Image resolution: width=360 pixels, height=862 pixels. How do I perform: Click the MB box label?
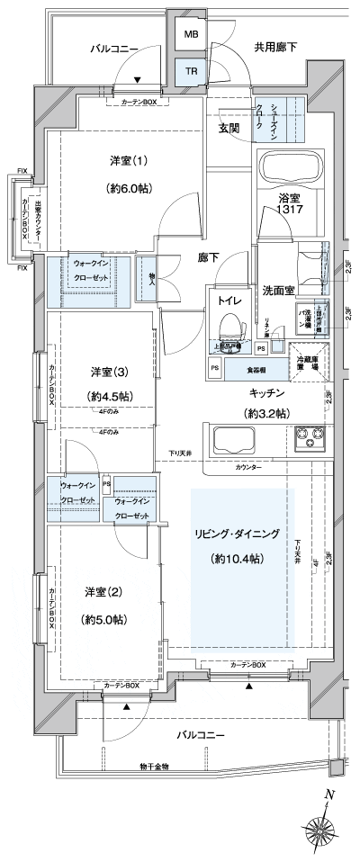pos(192,35)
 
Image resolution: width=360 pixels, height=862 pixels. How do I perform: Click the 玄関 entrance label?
pos(228,129)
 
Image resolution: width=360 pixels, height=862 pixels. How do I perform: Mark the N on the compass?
pos(329,795)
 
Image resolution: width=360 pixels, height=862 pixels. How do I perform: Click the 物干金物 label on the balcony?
pos(154,766)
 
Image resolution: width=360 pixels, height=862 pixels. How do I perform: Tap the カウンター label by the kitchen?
pos(249,468)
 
